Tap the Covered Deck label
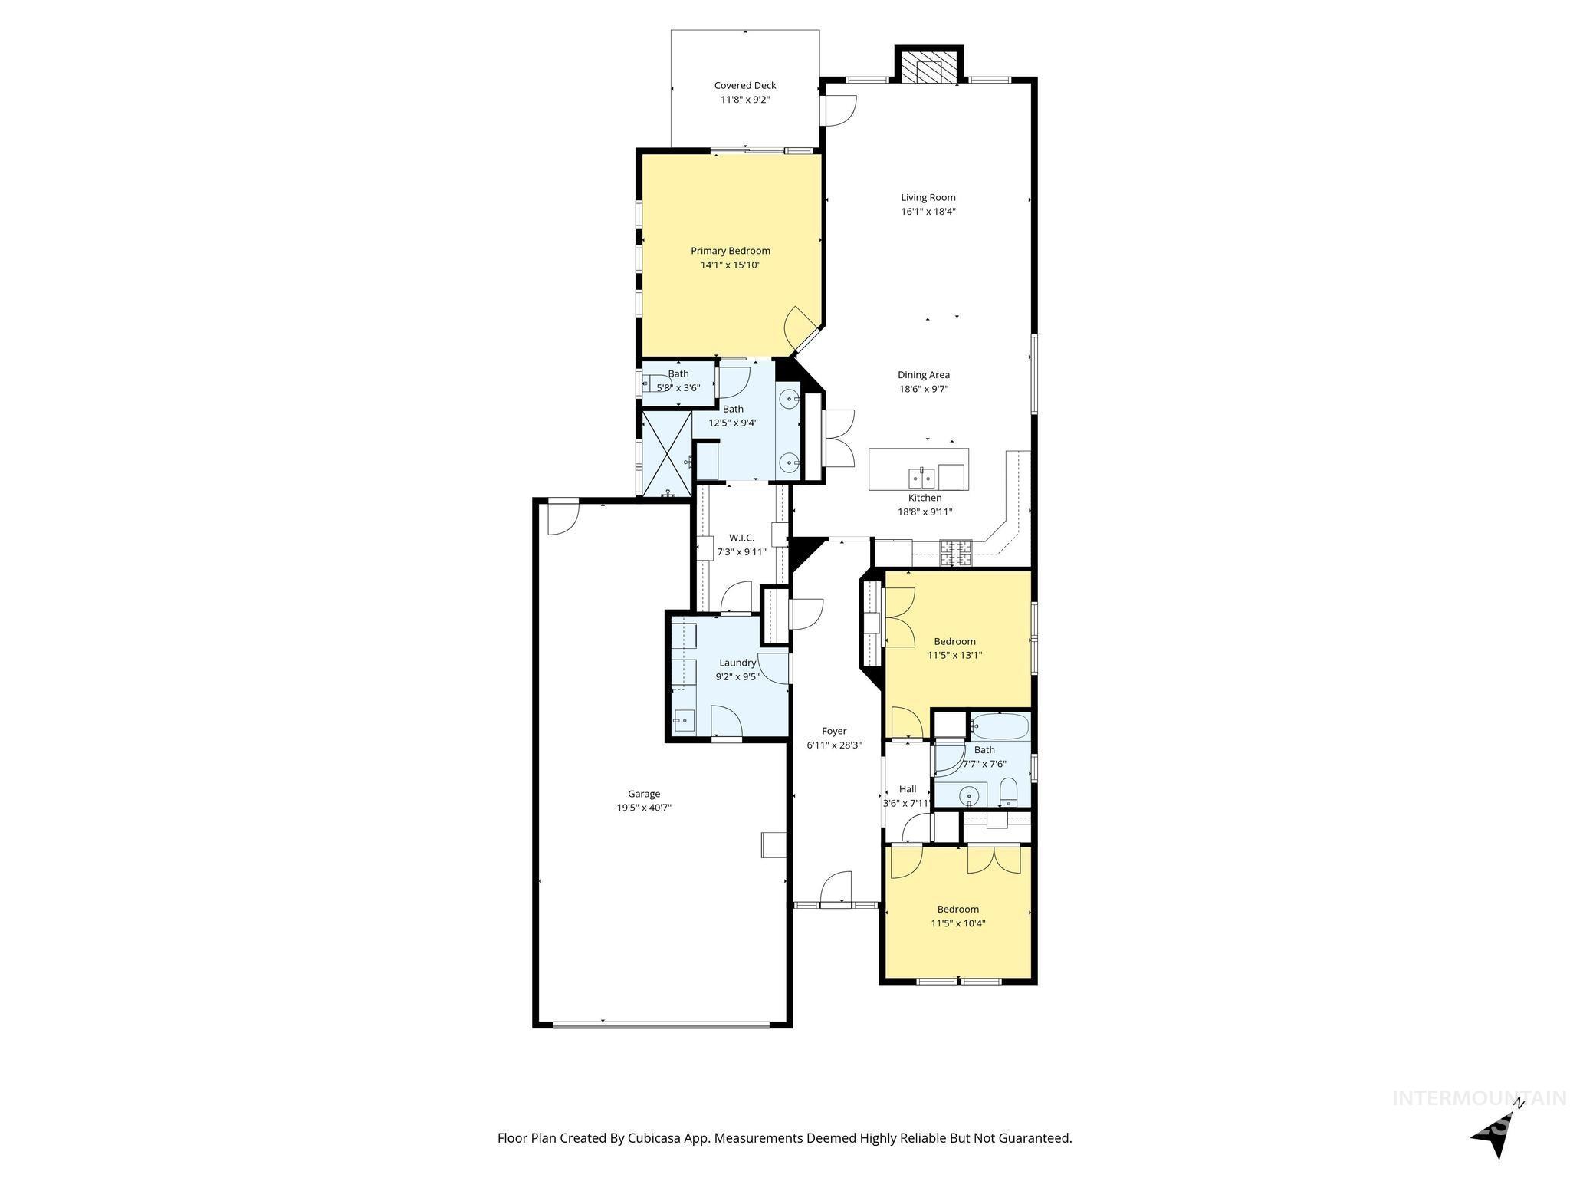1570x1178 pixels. pyautogui.click(x=744, y=86)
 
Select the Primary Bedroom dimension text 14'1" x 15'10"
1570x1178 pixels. pyautogui.click(x=730, y=265)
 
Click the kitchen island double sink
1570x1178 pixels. pyautogui.click(x=921, y=479)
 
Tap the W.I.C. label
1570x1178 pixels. pyautogui.click(x=741, y=538)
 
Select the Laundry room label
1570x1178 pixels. pyautogui.click(x=737, y=663)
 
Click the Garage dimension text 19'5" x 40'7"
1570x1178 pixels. pyautogui.click(x=644, y=808)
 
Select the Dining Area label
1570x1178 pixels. pyautogui.click(x=923, y=375)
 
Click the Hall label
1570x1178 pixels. pyautogui.click(x=907, y=789)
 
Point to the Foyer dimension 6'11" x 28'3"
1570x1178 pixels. pyautogui.click(x=833, y=745)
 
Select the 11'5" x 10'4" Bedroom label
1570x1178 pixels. pyautogui.click(x=957, y=910)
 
